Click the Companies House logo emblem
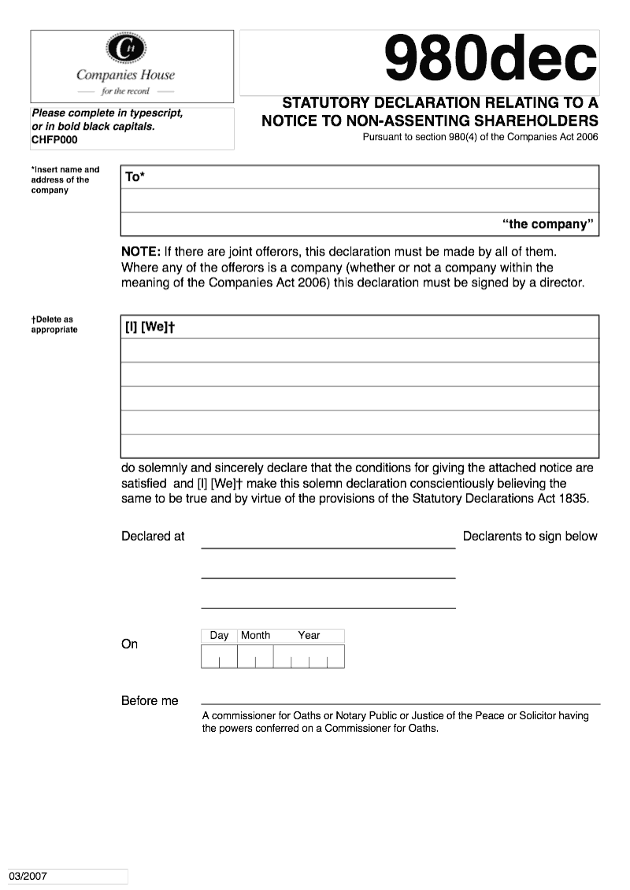(x=125, y=50)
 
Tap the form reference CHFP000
(x=54, y=140)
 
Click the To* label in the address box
(x=135, y=177)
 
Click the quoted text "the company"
(x=546, y=224)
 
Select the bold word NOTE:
(x=141, y=252)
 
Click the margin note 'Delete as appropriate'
(x=54, y=324)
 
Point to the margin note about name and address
(x=65, y=179)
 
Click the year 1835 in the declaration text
(x=574, y=499)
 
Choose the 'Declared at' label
(x=153, y=536)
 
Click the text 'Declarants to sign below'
(x=530, y=536)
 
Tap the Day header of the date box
(x=219, y=635)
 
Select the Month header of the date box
(x=255, y=635)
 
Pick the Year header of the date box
(x=309, y=635)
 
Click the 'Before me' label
(x=150, y=700)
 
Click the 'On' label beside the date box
(x=129, y=644)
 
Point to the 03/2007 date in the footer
(x=28, y=876)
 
